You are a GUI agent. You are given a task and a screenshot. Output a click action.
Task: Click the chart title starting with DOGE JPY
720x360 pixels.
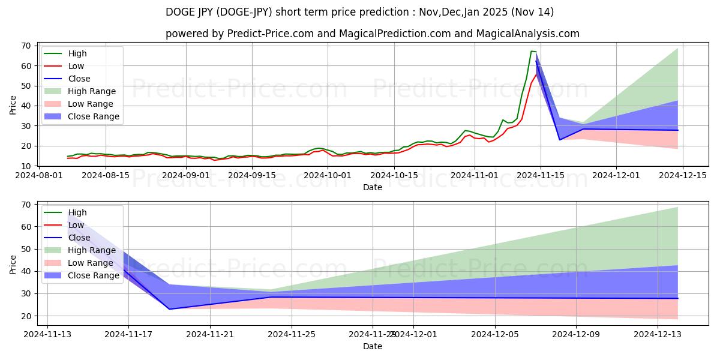point(360,12)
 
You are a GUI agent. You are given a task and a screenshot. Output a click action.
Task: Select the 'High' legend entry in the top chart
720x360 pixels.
point(77,53)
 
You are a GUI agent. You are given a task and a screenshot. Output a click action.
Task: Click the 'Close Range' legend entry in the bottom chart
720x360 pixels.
point(93,275)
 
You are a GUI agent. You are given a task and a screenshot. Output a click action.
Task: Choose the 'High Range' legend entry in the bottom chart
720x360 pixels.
point(92,250)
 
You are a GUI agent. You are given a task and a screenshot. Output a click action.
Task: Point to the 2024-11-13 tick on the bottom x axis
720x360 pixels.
point(47,334)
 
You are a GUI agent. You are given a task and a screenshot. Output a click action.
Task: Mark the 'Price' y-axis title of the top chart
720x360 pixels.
point(13,104)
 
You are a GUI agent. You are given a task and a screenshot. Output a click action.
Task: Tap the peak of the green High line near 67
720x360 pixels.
point(532,51)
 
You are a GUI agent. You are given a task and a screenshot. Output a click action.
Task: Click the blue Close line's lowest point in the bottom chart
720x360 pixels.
point(169,309)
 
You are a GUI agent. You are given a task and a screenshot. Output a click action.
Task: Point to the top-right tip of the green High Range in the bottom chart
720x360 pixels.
point(677,208)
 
